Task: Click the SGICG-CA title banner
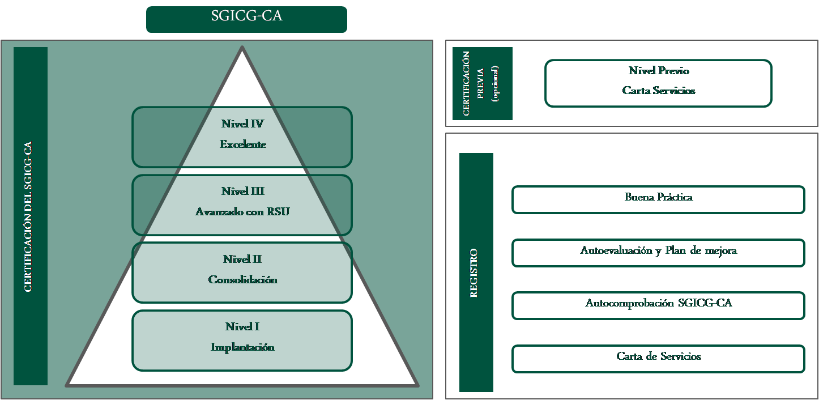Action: click(x=246, y=19)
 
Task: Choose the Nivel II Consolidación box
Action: click(x=242, y=271)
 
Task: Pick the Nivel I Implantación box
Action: click(x=242, y=339)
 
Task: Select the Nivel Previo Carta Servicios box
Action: click(x=658, y=82)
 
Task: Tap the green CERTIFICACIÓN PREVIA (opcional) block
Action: click(x=482, y=83)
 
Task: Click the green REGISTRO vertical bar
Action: click(x=476, y=272)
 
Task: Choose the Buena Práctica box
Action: click(x=658, y=199)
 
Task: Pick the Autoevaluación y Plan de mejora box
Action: click(x=658, y=253)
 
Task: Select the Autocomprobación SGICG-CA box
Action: click(x=658, y=305)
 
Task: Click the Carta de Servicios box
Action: click(x=658, y=359)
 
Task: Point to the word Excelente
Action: click(x=243, y=145)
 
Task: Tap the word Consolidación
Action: click(x=243, y=280)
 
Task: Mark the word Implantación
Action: click(x=242, y=347)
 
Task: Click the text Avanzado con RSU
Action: click(x=242, y=212)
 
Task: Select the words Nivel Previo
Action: click(x=659, y=71)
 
